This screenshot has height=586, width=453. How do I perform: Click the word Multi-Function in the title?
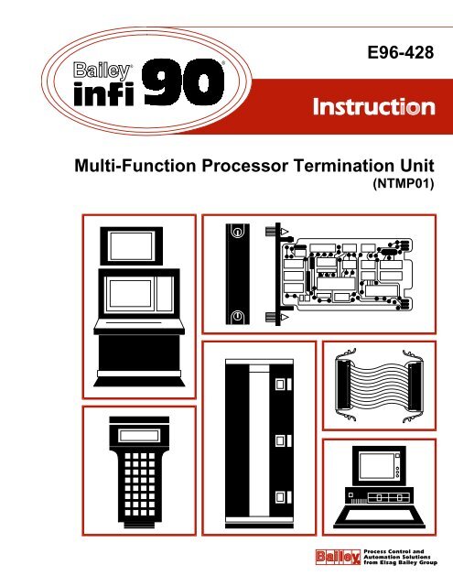pyautogui.click(x=138, y=164)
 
